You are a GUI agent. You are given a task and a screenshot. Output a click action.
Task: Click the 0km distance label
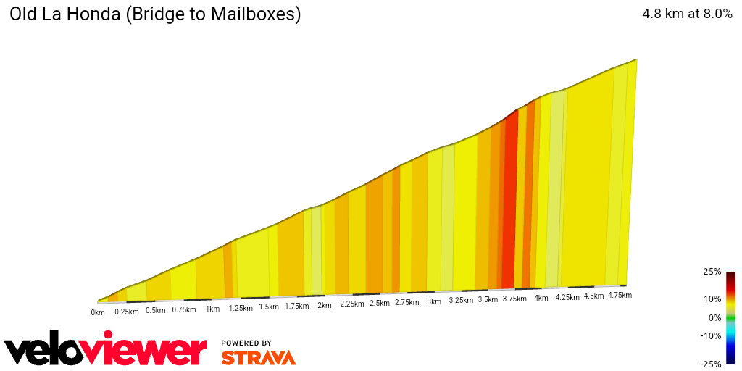click(98, 313)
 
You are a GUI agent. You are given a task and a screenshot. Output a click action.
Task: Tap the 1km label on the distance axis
click(212, 309)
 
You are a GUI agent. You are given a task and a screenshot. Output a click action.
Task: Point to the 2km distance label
click(324, 305)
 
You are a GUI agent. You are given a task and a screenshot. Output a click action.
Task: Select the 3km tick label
click(434, 302)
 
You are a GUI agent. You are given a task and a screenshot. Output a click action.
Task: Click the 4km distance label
click(541, 298)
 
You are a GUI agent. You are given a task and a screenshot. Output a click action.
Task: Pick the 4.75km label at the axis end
click(620, 295)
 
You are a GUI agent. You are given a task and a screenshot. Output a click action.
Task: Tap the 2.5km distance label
click(380, 304)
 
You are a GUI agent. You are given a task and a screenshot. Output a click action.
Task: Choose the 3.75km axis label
click(515, 299)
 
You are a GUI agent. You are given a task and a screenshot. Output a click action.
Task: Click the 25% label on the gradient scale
click(712, 272)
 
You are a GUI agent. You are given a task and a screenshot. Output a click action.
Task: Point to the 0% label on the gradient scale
click(714, 317)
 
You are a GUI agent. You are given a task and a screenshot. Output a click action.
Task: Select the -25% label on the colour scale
click(711, 364)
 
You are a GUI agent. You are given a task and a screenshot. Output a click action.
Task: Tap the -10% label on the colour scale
click(711, 335)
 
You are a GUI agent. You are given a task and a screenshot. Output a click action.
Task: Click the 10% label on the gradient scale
click(712, 299)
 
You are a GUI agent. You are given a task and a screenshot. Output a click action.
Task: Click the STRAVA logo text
click(258, 357)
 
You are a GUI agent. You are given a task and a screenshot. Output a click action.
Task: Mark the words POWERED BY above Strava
click(246, 343)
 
